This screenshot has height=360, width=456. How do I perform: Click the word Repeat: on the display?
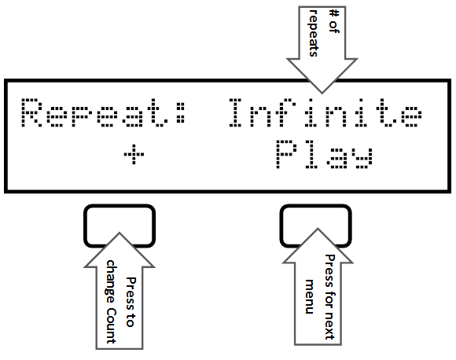coord(103,113)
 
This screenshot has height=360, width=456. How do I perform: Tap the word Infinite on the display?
coord(325,113)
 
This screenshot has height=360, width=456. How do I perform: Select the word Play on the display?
coord(324,154)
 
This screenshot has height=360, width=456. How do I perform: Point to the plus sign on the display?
coord(134,154)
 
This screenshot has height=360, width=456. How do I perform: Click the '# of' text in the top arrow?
coord(333,21)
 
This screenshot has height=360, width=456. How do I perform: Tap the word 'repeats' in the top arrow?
coord(313,33)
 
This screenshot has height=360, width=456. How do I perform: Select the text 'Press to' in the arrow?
coord(131,303)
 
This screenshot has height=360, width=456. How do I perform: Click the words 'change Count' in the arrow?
coord(111,302)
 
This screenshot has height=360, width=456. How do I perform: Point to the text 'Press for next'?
coord(329,297)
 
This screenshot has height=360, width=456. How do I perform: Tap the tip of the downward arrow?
coord(322,93)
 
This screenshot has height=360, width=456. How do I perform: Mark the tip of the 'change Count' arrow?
coord(120,233)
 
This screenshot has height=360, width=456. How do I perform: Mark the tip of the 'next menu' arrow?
coord(318,229)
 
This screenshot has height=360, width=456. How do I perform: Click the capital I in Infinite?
coord(235,113)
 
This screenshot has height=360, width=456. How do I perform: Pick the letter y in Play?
coord(364,159)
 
